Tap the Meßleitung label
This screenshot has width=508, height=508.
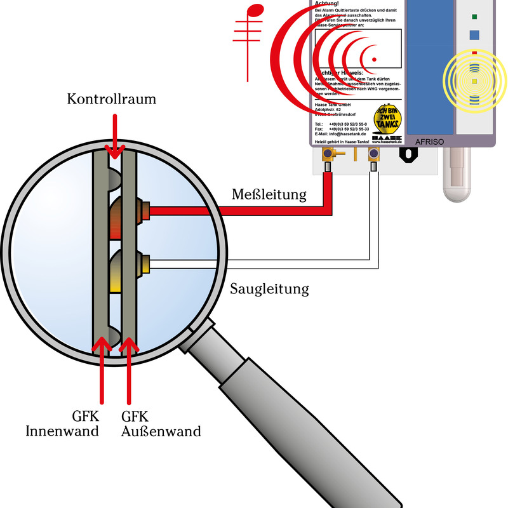coord(269,194)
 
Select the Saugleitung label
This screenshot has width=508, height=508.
coord(269,290)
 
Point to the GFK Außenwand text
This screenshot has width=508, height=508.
coord(161,424)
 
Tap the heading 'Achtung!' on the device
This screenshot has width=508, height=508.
coord(327,4)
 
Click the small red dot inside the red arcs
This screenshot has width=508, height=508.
coord(374,60)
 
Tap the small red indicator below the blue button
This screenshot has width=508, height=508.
coord(474,52)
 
